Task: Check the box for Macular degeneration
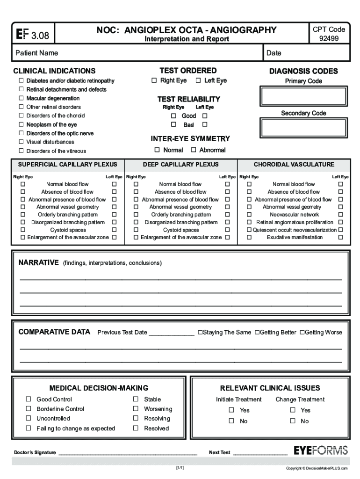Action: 21,98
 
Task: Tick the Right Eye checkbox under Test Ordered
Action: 154,80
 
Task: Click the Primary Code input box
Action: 304,96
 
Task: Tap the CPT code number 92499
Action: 329,39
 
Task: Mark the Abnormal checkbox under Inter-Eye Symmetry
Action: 194,150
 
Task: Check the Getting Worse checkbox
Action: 302,333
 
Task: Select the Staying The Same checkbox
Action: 200,333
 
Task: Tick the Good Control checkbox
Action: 29,399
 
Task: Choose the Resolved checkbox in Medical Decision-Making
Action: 136,428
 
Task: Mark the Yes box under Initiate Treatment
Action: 231,410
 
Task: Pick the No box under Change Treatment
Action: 293,421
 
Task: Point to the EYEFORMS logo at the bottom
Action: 321,451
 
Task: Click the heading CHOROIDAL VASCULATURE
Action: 294,165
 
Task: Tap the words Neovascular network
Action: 294,215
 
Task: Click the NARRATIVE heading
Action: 38,262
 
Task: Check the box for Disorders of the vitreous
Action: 21,151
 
